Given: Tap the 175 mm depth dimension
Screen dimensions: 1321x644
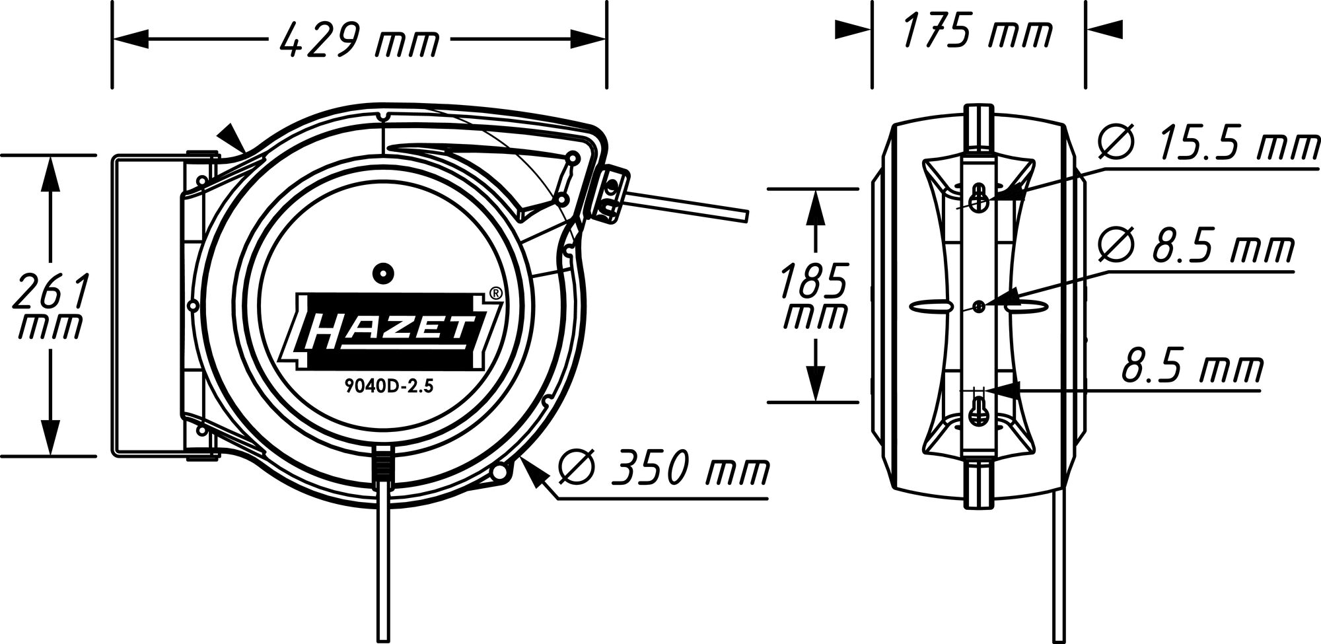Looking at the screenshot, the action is coord(977,30).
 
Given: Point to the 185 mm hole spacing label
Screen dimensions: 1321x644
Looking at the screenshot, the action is coord(813,295).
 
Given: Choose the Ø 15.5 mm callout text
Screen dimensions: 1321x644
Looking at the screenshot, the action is coord(1208,145).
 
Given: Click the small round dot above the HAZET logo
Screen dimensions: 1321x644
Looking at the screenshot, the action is coord(382,273).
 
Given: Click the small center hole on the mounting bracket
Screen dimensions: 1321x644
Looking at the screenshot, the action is coord(980,305).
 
